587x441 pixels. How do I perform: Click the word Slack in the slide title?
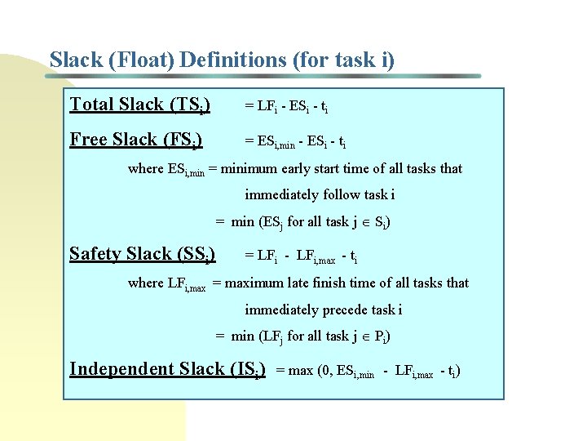pyautogui.click(x=76, y=60)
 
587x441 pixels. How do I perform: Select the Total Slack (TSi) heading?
pyautogui.click(x=140, y=105)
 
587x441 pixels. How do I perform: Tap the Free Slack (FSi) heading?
pyautogui.click(x=136, y=140)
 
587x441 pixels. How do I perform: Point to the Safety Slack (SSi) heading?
pyautogui.click(x=143, y=254)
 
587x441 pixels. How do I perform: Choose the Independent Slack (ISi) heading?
pyautogui.click(x=167, y=369)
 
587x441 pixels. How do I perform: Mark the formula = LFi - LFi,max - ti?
pyautogui.click(x=301, y=256)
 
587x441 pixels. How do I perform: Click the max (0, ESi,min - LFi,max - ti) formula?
pyautogui.click(x=369, y=372)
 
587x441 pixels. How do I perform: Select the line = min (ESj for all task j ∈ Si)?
pyautogui.click(x=302, y=222)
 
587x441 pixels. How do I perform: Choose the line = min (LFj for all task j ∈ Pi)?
pyautogui.click(x=302, y=336)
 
